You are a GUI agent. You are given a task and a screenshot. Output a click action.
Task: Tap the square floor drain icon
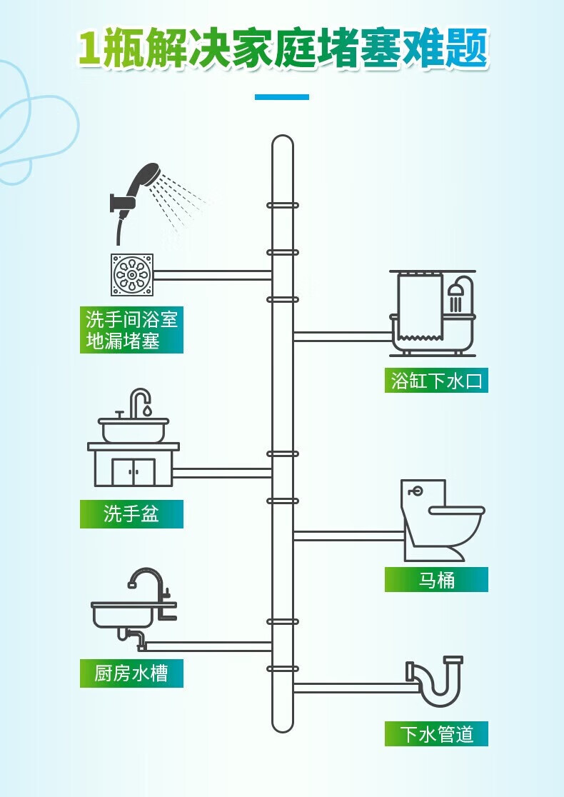tap(132, 275)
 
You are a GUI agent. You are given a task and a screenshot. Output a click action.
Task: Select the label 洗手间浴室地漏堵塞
tap(131, 330)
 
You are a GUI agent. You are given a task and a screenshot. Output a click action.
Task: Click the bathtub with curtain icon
tap(433, 313)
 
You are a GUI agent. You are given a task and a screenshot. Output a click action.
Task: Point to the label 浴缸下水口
tap(436, 381)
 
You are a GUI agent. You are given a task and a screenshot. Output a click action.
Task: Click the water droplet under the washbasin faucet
tap(146, 409)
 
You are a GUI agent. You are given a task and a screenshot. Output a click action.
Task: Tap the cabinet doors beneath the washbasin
tap(134, 472)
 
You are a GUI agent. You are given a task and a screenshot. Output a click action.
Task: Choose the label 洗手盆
tap(131, 514)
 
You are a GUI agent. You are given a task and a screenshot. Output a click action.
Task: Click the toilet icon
tap(443, 520)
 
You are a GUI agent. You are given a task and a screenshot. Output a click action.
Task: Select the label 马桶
tap(436, 579)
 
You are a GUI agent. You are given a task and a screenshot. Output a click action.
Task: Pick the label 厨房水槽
tap(131, 673)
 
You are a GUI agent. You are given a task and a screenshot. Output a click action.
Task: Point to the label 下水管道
tap(436, 734)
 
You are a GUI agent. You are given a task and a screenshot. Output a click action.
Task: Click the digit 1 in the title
tap(90, 49)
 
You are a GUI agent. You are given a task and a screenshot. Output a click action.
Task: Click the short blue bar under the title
tap(282, 96)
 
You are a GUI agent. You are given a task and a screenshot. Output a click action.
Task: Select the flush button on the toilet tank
tap(416, 491)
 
